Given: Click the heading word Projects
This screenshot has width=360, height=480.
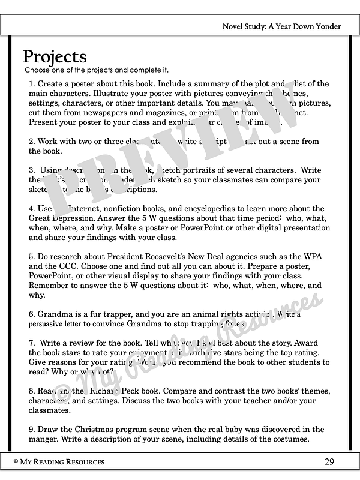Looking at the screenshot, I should point(55,57).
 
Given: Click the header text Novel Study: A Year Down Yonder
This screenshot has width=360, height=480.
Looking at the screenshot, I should point(281,26).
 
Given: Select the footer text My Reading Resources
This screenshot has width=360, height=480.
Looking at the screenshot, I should point(62,461).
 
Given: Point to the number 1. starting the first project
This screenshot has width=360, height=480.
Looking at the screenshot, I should point(32,84).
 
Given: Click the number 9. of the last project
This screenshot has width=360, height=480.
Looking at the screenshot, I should point(32,430).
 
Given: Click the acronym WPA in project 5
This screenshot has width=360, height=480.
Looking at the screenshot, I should point(315,257).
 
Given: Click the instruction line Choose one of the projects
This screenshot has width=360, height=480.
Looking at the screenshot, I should point(97,70).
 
